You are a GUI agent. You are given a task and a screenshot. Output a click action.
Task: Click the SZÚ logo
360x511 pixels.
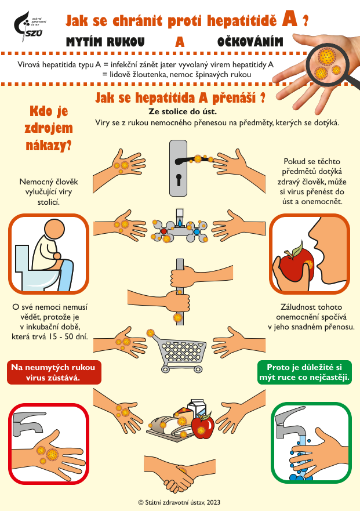30,27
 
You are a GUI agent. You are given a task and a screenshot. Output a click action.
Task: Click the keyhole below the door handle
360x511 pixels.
179,180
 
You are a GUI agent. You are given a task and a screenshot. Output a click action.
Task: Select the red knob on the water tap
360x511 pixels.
164,231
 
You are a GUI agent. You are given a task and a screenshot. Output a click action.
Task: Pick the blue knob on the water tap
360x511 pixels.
197,231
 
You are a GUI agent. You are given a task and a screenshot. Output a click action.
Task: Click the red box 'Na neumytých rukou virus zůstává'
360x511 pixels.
54,372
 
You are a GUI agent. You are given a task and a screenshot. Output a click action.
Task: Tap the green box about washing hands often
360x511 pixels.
304,372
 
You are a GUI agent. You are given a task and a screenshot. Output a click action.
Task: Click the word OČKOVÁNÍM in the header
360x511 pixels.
250,42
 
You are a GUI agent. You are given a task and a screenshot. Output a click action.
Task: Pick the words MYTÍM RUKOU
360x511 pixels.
106,42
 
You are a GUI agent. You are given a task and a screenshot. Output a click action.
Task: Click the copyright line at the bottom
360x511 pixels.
179,502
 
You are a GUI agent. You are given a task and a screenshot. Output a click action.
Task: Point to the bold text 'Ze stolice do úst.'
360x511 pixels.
183,111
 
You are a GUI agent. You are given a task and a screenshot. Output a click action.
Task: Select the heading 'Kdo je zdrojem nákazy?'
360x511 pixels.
49,128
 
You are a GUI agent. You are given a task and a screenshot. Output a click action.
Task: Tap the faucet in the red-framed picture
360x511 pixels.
27,423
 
